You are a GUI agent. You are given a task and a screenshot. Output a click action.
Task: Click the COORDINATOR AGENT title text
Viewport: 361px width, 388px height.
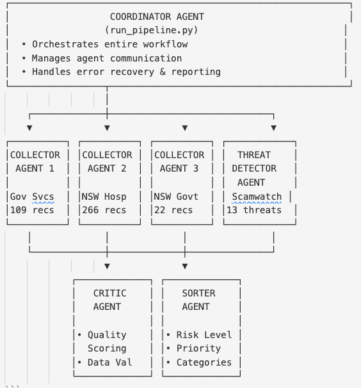[157, 17]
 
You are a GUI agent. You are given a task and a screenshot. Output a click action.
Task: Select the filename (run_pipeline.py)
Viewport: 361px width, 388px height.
[151, 30]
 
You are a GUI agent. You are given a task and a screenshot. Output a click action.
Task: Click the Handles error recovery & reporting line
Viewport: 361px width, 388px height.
[121, 72]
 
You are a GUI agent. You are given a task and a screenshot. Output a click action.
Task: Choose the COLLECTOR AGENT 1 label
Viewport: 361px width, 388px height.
[36, 161]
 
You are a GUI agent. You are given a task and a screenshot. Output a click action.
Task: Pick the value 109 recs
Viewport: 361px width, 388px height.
[32, 210]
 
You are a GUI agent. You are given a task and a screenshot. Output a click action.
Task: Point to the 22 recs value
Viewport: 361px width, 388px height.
[173, 210]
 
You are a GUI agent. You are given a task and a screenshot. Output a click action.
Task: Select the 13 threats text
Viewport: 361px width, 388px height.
[254, 210]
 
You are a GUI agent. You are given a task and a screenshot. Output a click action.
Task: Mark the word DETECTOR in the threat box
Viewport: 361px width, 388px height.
[254, 168]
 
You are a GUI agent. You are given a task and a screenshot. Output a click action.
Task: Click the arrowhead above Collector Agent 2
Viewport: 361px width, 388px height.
[107, 128]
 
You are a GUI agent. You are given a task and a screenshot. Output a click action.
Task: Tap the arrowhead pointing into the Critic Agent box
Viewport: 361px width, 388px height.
[107, 266]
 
